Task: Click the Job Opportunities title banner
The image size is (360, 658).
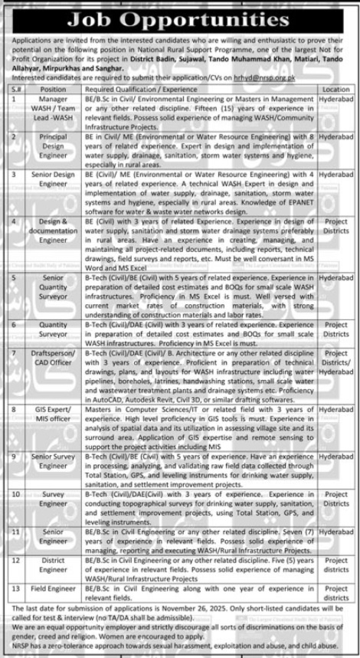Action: click(x=179, y=15)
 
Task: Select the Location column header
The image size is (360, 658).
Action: click(x=335, y=90)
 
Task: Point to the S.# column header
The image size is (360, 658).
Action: click(x=18, y=90)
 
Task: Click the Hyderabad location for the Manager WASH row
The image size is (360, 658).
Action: click(x=335, y=100)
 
